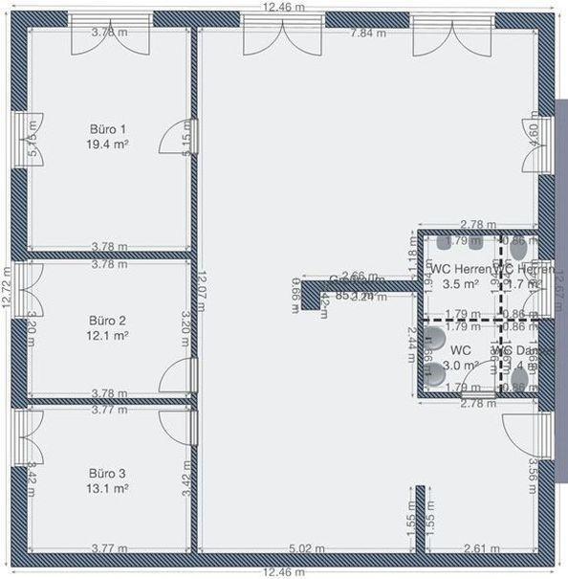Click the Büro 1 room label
[x=108, y=128]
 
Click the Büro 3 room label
[x=108, y=474]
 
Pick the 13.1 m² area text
[x=108, y=489]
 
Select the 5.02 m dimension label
[x=307, y=548]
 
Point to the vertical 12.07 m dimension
[x=202, y=293]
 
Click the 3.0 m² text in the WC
[x=461, y=365]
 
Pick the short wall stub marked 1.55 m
[x=419, y=519]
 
